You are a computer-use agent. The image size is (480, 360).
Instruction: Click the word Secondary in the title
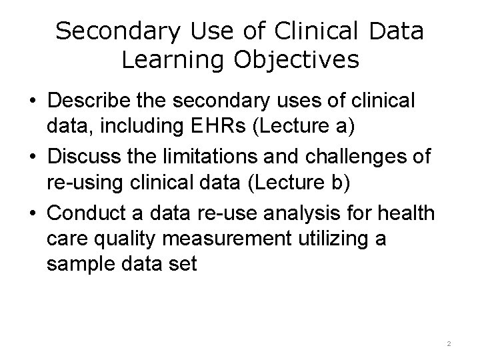click(119, 31)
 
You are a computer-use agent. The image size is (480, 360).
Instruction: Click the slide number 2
click(449, 343)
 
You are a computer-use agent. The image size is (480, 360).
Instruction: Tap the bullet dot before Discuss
click(32, 157)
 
